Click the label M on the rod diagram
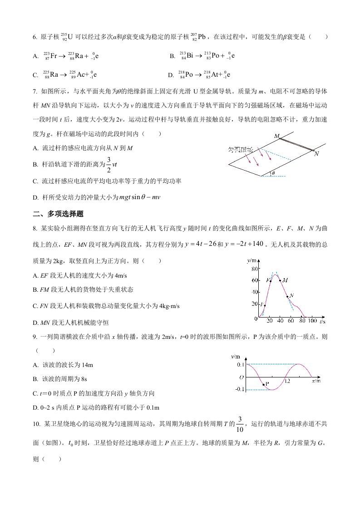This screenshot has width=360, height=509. (x=276, y=136)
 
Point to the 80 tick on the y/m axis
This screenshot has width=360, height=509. (x=254, y=269)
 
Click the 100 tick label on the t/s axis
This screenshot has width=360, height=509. (x=312, y=322)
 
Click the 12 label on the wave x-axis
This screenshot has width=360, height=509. (x=287, y=381)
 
